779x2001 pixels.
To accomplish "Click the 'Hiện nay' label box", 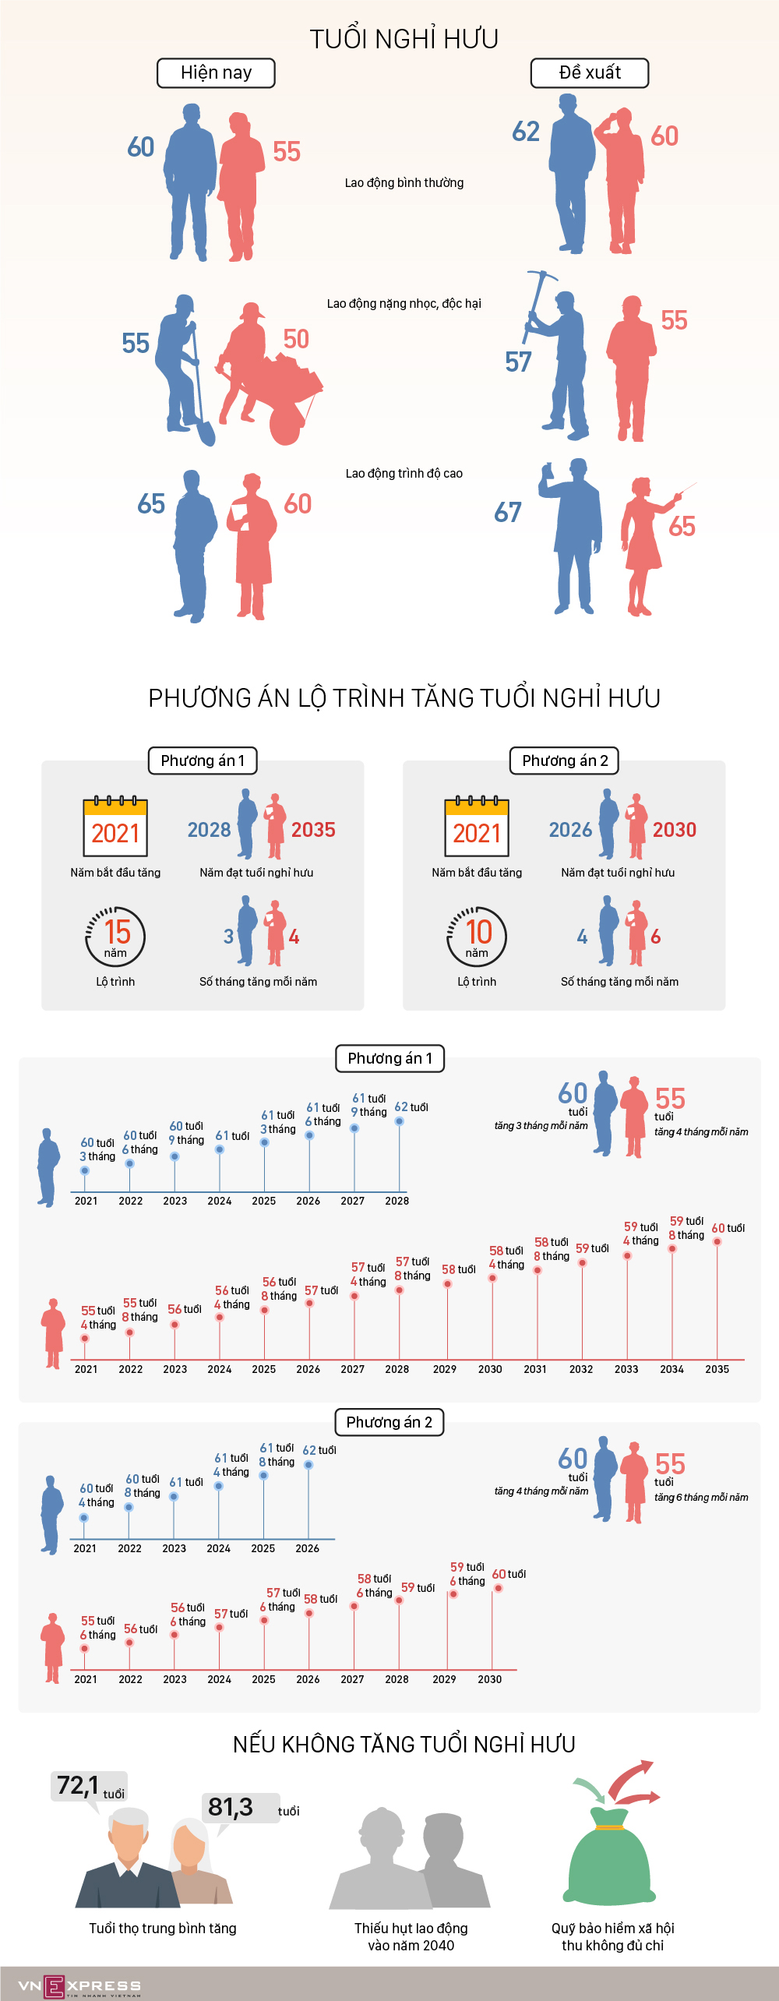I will coord(216,73).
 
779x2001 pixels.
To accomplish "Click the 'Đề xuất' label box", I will coord(590,73).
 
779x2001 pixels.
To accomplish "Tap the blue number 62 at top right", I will coord(526,132).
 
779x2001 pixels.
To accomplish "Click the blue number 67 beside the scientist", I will coord(508,513).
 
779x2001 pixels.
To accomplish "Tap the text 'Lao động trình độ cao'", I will coord(404,474).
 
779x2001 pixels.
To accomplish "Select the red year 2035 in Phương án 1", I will coord(313,830).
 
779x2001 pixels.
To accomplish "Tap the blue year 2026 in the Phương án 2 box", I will coord(570,830).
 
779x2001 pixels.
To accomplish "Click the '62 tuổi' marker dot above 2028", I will coord(399,1121).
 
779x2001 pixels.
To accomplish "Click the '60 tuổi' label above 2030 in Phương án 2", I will coord(509,1574).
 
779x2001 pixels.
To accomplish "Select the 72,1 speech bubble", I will coord(88,1786).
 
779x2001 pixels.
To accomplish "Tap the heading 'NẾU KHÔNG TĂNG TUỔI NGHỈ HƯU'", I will coord(404,1744).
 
